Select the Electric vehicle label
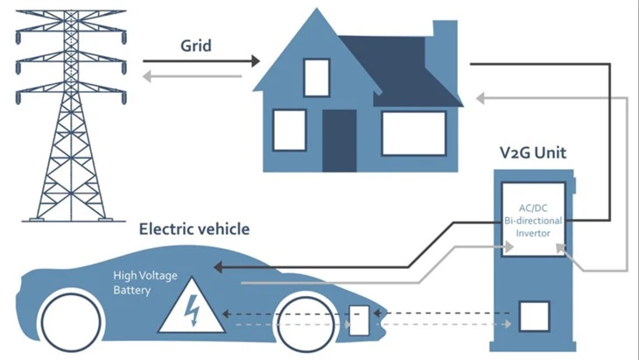pyautogui.click(x=194, y=229)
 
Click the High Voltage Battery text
pyautogui.click(x=144, y=281)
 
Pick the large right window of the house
pyautogui.click(x=413, y=132)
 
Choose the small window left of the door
pyautogui.click(x=289, y=130)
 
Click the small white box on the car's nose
pyautogui.click(x=360, y=320)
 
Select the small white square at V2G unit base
pyautogui.click(x=533, y=316)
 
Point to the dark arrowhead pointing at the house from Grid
pyautogui.click(x=255, y=61)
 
